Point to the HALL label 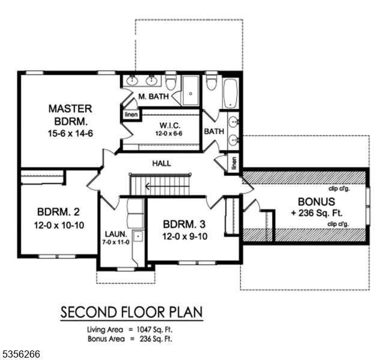pyautogui.click(x=161, y=163)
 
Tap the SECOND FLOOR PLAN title pyautogui.click(x=131, y=313)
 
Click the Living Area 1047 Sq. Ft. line pyautogui.click(x=132, y=329)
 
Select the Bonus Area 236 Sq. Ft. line pyautogui.click(x=132, y=338)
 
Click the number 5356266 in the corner pyautogui.click(x=20, y=354)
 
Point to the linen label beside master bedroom pyautogui.click(x=130, y=114)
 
